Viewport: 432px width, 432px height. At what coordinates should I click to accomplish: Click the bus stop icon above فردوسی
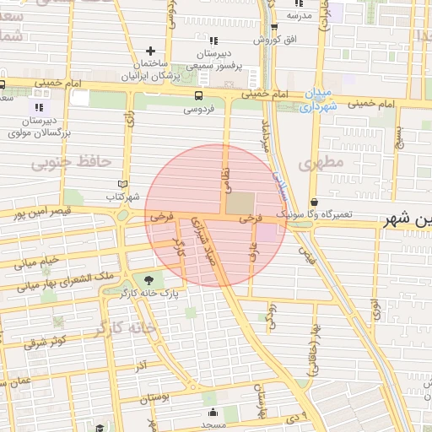[x=197, y=95]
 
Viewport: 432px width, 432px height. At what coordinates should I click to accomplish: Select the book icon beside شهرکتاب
[x=123, y=183]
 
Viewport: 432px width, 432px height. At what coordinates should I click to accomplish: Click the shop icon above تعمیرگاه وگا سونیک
[x=315, y=202]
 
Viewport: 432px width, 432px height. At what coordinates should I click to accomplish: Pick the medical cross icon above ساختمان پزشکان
[x=151, y=51]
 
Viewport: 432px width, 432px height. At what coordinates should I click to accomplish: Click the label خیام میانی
[x=35, y=262]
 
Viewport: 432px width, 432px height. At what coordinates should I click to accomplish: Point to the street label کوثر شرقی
[x=46, y=342]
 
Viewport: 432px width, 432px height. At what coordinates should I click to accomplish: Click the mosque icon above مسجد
[x=212, y=413]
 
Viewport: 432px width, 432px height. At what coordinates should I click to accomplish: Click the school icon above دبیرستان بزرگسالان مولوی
[x=38, y=108]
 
